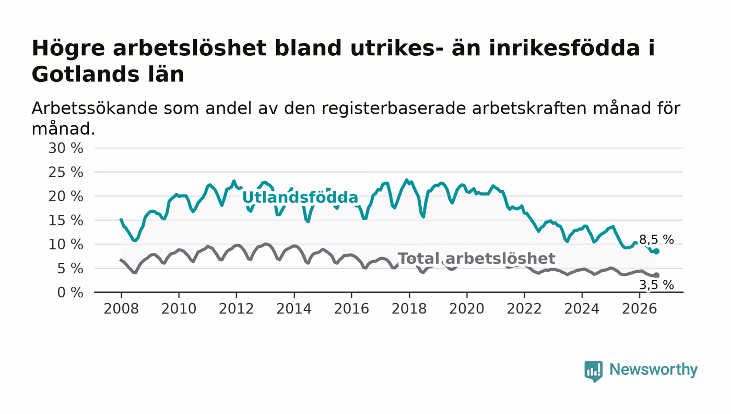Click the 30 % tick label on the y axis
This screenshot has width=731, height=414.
click(66, 148)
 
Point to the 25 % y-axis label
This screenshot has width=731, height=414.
click(66, 173)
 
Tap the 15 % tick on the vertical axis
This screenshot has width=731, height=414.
click(66, 221)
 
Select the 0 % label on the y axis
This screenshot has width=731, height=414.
click(70, 293)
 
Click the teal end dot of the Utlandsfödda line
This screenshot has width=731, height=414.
click(656, 251)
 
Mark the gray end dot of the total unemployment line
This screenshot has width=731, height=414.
click(656, 275)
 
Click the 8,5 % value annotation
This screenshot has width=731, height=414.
click(656, 240)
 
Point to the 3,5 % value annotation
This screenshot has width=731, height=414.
click(656, 285)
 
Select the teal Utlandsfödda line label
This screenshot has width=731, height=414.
click(300, 198)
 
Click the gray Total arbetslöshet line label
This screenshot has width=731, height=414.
click(476, 259)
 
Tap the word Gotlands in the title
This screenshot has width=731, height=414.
click(86, 75)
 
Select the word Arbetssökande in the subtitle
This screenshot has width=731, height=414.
click(95, 108)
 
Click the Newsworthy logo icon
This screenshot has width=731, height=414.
click(593, 371)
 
